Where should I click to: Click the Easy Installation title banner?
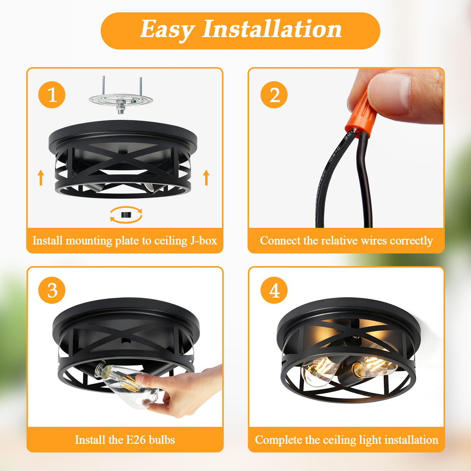tap(240, 31)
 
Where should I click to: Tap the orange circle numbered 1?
tap(52, 95)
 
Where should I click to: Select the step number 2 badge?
tap(274, 95)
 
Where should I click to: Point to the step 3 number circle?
tap(52, 290)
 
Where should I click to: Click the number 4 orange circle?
tap(274, 290)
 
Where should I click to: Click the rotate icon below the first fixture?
tap(126, 215)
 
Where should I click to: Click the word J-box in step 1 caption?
tap(203, 241)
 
